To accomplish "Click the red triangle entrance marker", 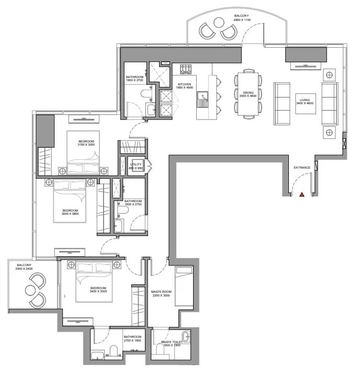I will [x=302, y=195].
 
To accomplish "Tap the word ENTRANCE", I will [x=302, y=168].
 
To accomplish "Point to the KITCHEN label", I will [x=185, y=84].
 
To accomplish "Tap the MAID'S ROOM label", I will [x=160, y=292].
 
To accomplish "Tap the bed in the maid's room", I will [x=184, y=286].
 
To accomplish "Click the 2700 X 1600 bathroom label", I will [x=132, y=339].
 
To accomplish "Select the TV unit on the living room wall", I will [x=305, y=65].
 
